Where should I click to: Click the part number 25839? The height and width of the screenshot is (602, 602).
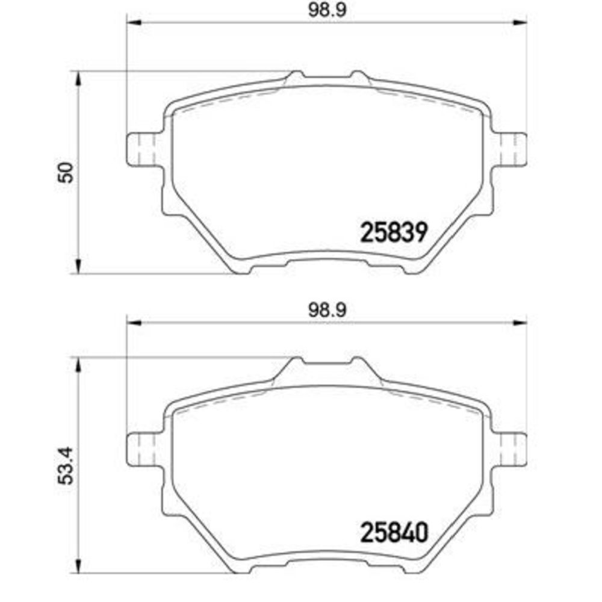394,232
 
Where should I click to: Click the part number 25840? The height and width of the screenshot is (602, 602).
394,533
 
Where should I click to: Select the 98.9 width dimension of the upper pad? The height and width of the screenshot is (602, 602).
327,10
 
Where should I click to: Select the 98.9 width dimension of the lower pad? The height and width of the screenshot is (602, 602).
327,310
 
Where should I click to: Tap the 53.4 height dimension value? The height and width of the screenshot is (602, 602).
65,466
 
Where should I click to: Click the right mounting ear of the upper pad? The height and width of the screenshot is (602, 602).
509,149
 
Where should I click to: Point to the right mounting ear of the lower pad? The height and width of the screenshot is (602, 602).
509,449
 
